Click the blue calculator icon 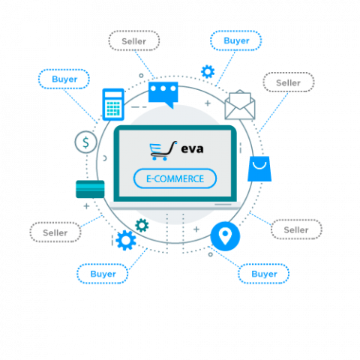113,104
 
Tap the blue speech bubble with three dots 163,93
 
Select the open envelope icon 240,105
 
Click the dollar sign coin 85,142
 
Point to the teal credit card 90,189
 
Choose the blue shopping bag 259,169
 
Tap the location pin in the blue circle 225,236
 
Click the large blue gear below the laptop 126,240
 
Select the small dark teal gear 142,225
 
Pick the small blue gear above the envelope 208,72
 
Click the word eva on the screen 192,149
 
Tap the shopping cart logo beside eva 163,151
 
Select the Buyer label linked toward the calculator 64,79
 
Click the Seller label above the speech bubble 134,41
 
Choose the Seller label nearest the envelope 288,82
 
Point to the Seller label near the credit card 55,232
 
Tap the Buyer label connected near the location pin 264,274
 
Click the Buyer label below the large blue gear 103,274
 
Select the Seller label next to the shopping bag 296,229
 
